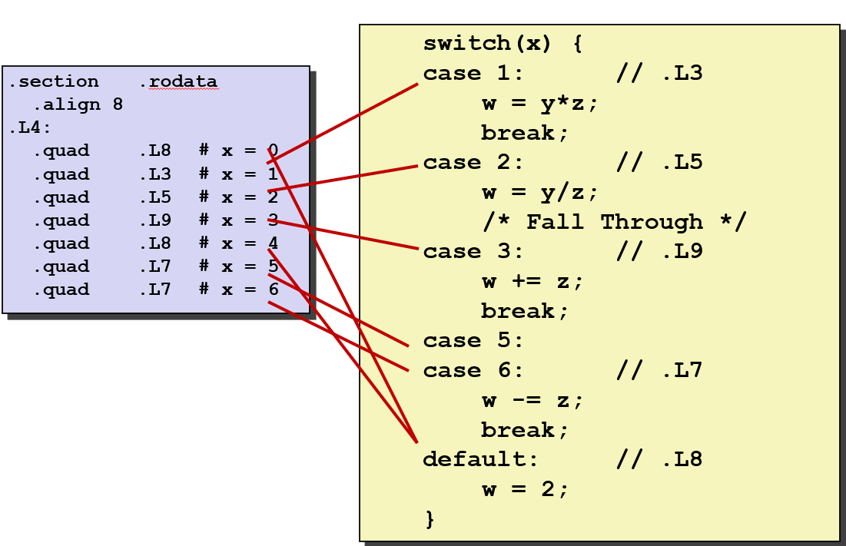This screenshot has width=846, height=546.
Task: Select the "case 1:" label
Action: (473, 74)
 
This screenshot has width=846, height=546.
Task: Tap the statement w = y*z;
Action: (539, 104)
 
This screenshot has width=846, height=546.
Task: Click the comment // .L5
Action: (659, 163)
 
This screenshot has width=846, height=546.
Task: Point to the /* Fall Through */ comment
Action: (614, 223)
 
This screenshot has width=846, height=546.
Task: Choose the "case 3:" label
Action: (473, 252)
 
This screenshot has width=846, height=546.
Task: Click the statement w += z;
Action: (532, 282)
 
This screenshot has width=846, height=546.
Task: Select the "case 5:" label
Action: (473, 341)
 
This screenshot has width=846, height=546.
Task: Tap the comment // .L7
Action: (659, 371)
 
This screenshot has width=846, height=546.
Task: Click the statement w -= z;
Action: (532, 401)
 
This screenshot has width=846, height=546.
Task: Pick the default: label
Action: (480, 460)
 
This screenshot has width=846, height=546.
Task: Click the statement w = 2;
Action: (526, 490)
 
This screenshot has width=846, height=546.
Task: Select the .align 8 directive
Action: (78, 104)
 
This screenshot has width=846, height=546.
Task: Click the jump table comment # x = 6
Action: (238, 290)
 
